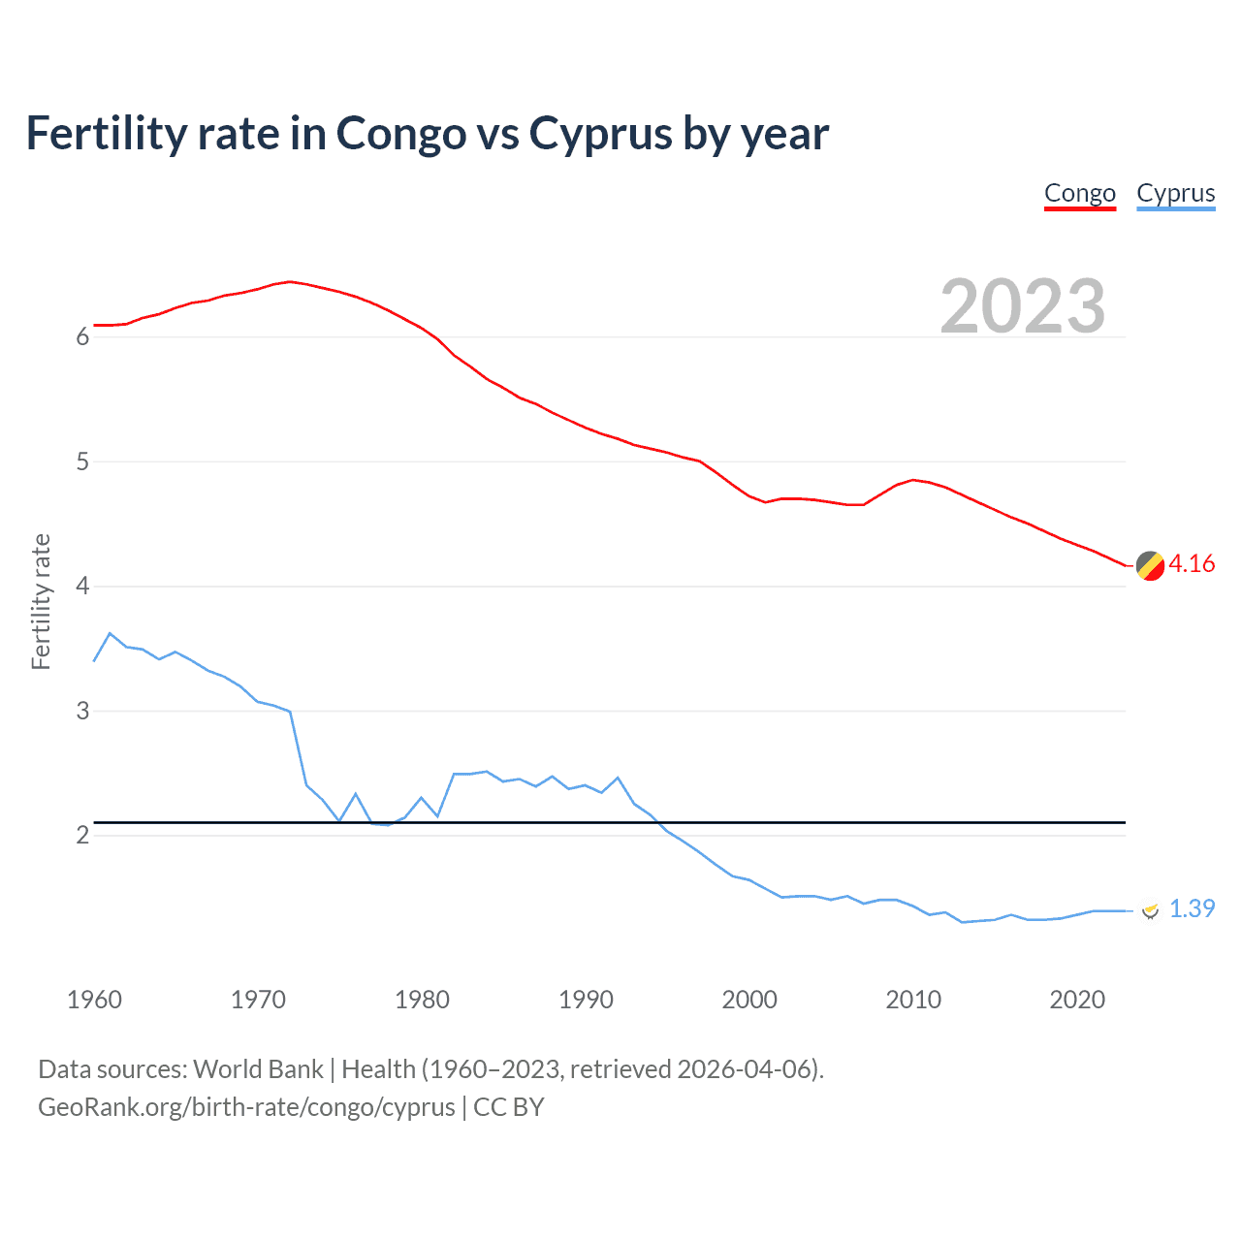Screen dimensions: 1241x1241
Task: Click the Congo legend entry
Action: click(x=1080, y=194)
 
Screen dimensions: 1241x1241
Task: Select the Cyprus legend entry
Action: click(x=1175, y=194)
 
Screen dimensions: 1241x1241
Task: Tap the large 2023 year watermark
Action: click(x=1023, y=306)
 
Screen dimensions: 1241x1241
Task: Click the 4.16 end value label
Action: click(x=1192, y=564)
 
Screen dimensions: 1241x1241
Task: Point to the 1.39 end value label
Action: click(x=1192, y=909)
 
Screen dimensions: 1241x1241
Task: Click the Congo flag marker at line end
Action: click(x=1150, y=565)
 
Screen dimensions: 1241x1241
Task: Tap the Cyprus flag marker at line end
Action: click(x=1150, y=909)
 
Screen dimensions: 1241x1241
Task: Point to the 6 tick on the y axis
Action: click(x=82, y=337)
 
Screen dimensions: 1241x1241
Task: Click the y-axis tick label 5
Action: click(x=82, y=462)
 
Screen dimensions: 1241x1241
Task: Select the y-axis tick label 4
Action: click(x=82, y=587)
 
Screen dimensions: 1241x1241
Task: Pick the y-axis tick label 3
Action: click(x=82, y=712)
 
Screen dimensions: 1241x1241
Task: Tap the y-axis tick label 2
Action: click(x=82, y=836)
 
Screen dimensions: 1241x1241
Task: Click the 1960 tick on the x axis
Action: click(x=94, y=1000)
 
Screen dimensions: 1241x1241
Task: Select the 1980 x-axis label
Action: click(x=422, y=1000)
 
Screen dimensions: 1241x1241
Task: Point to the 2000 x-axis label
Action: click(x=749, y=1000)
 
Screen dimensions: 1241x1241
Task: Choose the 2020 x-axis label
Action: click(x=1077, y=1000)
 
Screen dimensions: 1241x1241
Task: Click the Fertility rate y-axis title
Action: click(x=41, y=601)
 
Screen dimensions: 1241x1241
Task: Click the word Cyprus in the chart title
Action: click(x=600, y=134)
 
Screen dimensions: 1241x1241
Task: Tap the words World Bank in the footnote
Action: click(x=258, y=1069)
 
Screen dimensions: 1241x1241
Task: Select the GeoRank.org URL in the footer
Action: click(x=246, y=1107)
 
